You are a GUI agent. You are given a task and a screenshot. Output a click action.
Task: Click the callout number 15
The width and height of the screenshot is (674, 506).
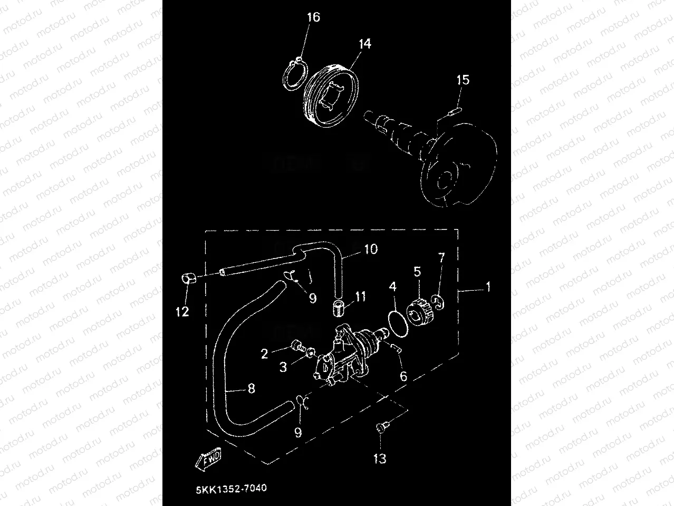(463, 80)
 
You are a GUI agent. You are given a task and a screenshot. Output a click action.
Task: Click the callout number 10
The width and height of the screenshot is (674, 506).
(371, 249)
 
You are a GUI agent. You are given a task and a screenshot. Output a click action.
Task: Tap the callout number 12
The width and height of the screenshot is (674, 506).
(182, 312)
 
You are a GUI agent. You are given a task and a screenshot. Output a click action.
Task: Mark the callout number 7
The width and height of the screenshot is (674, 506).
(441, 258)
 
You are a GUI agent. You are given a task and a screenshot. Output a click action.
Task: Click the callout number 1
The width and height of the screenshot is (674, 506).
(488, 287)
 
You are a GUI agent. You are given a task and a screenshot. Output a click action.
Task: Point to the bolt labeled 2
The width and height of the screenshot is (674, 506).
(299, 347)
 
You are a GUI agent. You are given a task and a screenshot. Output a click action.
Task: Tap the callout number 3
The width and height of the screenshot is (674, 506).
(283, 367)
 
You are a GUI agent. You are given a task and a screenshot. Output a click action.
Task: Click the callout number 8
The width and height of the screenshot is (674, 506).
(251, 389)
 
